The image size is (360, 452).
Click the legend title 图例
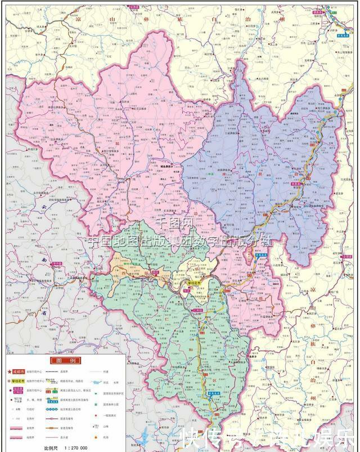tap(63, 361)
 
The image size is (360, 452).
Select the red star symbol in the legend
tap(10, 372)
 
